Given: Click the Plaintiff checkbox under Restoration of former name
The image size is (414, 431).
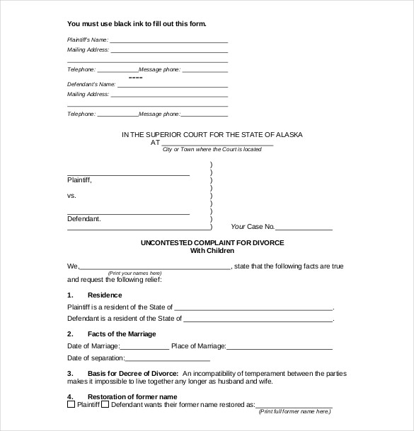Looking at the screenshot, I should (71, 405).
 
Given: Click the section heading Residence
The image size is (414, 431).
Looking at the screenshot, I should (105, 295).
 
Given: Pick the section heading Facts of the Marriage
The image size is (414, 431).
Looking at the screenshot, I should (122, 333).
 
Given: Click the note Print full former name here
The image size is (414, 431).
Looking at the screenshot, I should (294, 411).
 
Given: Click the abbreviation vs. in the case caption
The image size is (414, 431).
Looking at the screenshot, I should (71, 195).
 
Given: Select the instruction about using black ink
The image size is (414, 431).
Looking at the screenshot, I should (137, 23).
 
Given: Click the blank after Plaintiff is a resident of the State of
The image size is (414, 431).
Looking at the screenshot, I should (253, 309).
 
